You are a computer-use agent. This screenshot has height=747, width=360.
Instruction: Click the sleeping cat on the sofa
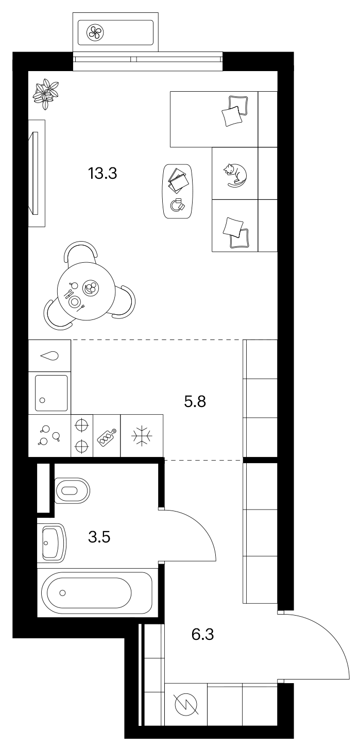point(235,174)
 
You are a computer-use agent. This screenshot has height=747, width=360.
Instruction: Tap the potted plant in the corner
point(46,94)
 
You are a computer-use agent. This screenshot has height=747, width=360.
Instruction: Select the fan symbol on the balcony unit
point(95,32)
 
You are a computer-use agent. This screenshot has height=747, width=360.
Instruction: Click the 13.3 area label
point(102,174)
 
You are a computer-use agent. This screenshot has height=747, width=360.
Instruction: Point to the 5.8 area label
point(195,401)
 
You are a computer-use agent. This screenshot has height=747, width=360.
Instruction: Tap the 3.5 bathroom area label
point(99,537)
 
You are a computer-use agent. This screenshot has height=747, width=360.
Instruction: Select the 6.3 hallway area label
point(203,634)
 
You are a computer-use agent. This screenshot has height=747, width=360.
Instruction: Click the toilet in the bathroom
point(72,490)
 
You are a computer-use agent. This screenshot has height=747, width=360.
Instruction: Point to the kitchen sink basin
point(52,393)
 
